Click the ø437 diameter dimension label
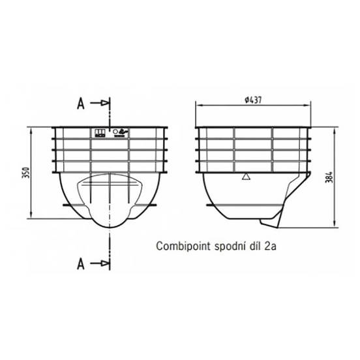pos(253,100)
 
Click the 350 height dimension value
pos(26,173)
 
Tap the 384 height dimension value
pos(329,177)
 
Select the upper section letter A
pos(81,104)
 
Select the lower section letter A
pos(81,263)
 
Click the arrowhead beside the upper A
pos(105,103)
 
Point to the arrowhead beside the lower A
pos(105,263)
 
